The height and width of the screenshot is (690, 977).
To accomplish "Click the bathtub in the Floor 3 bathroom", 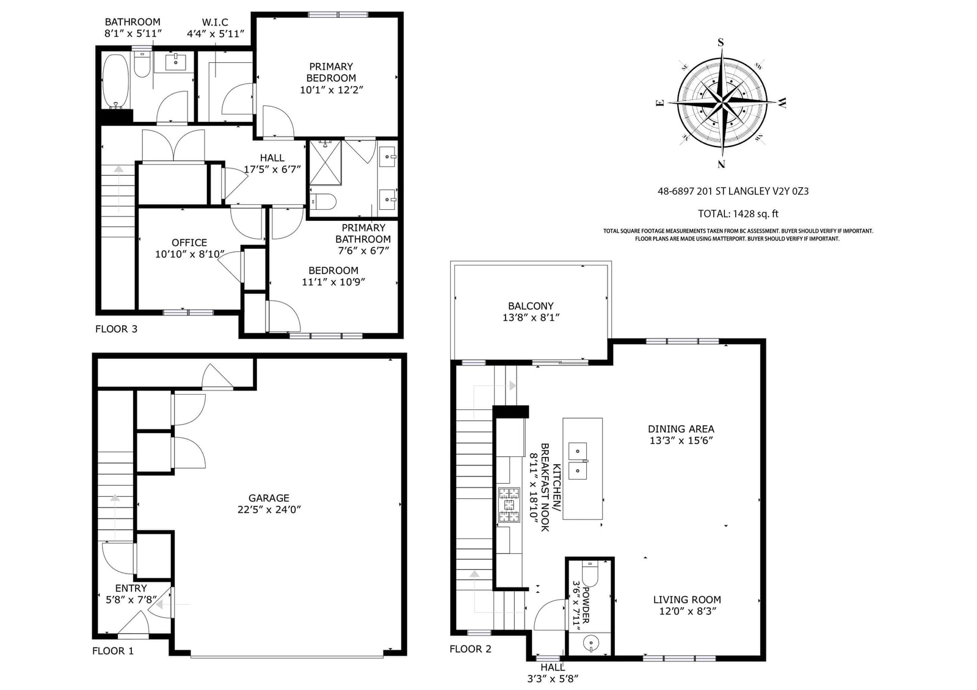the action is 115,81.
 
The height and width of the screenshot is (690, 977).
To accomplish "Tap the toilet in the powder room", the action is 590,575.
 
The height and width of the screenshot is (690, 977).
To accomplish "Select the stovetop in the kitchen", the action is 509,505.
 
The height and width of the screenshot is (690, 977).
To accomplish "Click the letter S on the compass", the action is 721,42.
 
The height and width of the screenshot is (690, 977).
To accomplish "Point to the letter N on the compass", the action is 721,164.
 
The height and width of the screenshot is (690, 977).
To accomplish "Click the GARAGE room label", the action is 269,498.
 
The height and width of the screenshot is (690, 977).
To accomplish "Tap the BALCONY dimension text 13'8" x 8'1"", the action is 531,317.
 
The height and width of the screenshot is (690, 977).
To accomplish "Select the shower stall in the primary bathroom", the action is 325,162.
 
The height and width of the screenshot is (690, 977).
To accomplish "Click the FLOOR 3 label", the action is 116,329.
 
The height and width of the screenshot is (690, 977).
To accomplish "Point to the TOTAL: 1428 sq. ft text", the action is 738,214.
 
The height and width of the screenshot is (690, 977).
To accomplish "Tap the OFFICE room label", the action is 189,243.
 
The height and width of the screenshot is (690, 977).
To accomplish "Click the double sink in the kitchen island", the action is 578,461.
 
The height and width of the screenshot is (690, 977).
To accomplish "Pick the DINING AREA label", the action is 681,429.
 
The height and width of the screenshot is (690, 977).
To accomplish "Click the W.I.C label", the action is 215,22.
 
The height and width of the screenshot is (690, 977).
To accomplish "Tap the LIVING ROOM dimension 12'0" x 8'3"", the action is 688,611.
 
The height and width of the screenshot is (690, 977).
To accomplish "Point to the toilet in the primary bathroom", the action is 323,202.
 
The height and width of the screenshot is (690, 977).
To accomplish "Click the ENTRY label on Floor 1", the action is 131,588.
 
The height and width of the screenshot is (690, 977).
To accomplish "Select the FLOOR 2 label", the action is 470,649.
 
